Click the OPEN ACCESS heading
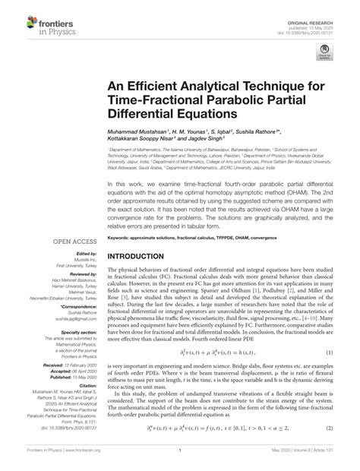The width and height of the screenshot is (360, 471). tap(73, 240)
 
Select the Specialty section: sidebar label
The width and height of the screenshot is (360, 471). tap(80, 332)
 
